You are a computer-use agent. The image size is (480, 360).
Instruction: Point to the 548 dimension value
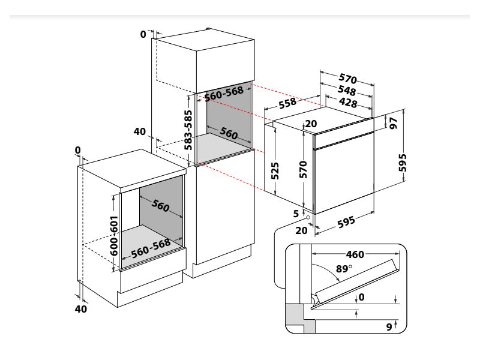click(346, 91)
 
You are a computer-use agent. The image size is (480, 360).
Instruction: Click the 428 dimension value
click(348, 103)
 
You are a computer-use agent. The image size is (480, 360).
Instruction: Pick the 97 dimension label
click(393, 123)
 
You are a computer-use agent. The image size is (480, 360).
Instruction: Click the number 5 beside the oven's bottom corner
click(296, 214)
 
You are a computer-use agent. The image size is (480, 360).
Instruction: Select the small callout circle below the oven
click(307, 220)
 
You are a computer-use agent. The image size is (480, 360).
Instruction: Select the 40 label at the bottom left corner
click(81, 309)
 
